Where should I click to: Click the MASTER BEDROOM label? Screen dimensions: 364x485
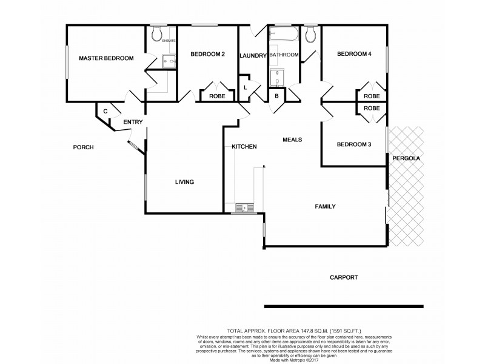(106, 58)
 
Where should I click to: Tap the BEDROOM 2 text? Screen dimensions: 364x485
(207, 55)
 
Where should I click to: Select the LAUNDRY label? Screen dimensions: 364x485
(253, 56)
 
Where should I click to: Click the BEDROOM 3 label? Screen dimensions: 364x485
(353, 144)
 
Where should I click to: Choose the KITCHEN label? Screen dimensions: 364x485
(244, 147)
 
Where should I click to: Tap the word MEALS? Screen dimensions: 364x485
(292, 140)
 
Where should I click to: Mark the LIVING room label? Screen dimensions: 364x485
(184, 182)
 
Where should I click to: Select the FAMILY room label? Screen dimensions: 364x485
(325, 206)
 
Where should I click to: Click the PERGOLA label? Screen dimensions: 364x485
(406, 158)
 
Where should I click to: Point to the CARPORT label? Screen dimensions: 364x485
(344, 277)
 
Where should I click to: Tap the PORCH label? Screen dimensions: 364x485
(82, 147)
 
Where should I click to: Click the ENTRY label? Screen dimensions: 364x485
(133, 122)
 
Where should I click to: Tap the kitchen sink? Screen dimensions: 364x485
(244, 207)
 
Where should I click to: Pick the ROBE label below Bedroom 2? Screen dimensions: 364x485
(217, 96)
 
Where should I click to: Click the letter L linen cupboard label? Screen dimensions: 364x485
(246, 87)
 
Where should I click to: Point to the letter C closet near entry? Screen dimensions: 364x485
(105, 111)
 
